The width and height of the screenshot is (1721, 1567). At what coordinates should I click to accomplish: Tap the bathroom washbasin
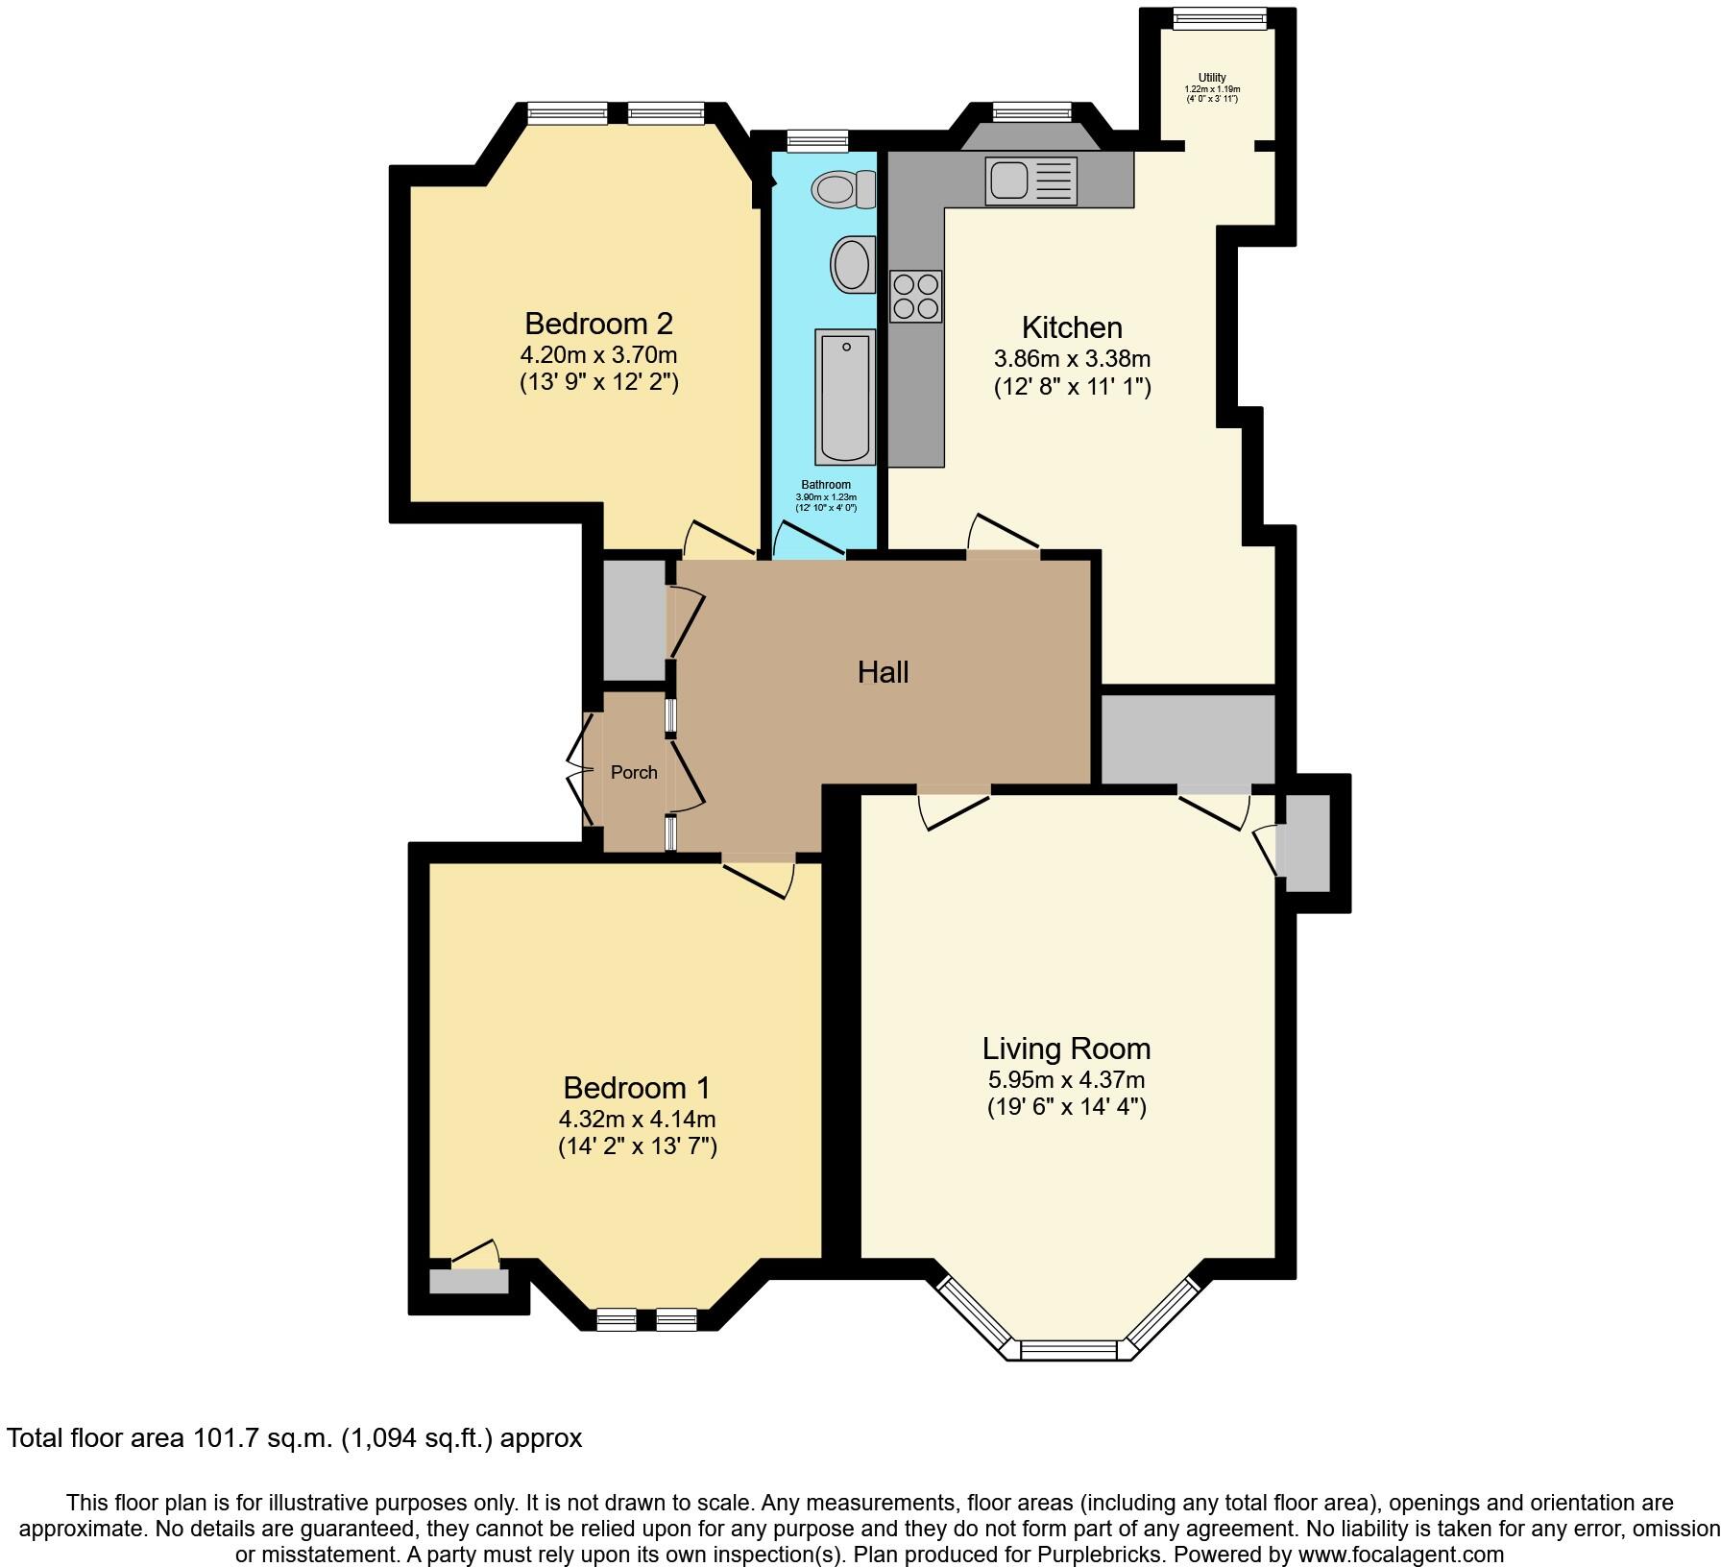tap(852, 264)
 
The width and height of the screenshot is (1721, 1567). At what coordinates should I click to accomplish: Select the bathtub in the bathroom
tap(845, 397)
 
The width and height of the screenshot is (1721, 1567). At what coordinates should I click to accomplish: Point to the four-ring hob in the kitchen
tap(915, 296)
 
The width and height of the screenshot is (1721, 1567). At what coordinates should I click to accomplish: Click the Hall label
tap(883, 672)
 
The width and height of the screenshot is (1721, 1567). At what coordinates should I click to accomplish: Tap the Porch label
tap(634, 772)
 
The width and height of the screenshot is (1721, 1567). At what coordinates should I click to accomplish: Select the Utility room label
tap(1212, 78)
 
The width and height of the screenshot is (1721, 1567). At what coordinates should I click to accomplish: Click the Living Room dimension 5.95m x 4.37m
tap(1066, 1079)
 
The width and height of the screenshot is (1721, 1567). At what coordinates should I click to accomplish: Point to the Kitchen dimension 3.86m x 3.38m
tap(1072, 359)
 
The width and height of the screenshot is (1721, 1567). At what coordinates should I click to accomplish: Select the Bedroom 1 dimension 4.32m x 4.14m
tap(637, 1119)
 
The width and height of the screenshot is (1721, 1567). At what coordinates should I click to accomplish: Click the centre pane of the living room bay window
tap(1070, 1350)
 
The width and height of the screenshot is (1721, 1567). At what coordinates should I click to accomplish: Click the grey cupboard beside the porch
tap(634, 620)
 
